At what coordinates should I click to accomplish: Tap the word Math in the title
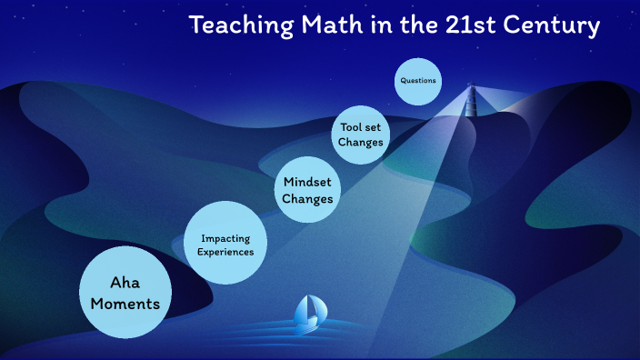point(316,25)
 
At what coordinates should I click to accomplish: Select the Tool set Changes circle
point(360,135)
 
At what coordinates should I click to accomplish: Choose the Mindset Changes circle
point(307,189)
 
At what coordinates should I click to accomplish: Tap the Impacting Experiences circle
point(226,245)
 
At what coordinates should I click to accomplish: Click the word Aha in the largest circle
point(127,282)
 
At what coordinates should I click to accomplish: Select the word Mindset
point(307,180)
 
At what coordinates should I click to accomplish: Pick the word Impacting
point(226,238)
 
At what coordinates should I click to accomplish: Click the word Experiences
point(226,252)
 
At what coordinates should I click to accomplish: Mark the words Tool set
point(360,127)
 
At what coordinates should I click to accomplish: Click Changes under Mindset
point(307,198)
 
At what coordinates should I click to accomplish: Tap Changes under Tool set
point(360,143)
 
